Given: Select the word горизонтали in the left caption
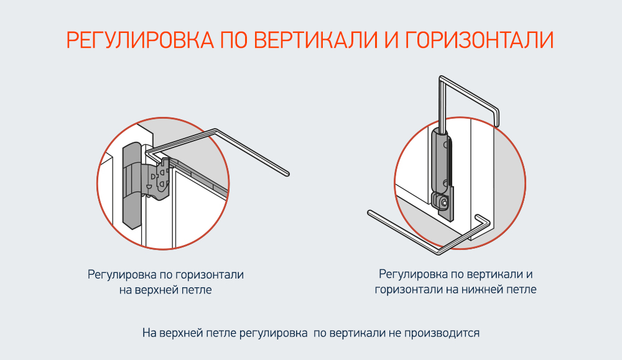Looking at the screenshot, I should coord(210,274).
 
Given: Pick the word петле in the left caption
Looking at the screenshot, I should coord(198,290).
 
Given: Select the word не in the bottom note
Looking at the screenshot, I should coord(394,333).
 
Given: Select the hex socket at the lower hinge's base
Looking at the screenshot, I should coord(443,202).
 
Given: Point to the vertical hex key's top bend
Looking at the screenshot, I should coord(443,79).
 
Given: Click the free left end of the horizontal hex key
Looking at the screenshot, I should coord(371,214).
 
